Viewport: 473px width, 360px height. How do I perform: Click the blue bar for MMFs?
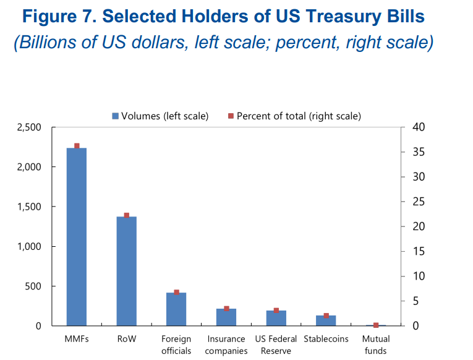click(77, 236)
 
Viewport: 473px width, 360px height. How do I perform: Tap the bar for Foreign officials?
click(176, 309)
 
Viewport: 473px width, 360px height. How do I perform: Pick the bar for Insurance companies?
click(226, 317)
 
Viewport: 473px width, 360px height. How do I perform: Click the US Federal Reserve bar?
click(276, 318)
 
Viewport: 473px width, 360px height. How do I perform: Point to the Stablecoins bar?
click(326, 320)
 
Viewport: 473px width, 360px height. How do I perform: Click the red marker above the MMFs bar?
click(77, 146)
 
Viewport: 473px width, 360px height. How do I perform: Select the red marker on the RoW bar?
click(126, 215)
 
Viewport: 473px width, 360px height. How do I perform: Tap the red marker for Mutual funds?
click(375, 325)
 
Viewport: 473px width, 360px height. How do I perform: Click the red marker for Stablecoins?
click(326, 315)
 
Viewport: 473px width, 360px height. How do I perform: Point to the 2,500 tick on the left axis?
click(28, 127)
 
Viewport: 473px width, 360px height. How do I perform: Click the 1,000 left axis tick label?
click(28, 247)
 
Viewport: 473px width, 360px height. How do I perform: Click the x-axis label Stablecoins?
click(326, 339)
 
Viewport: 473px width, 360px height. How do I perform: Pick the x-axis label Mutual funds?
click(375, 345)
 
